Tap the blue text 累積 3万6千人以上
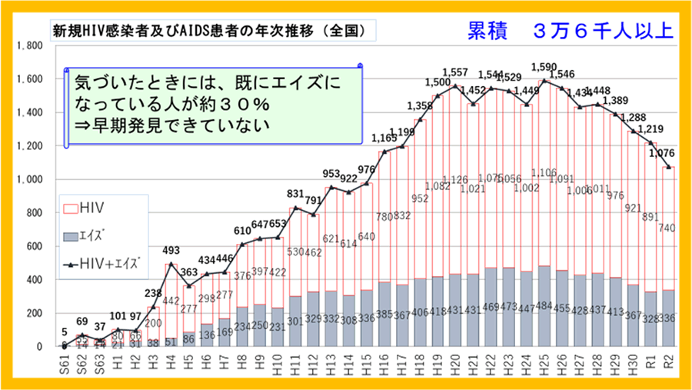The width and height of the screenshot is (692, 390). (570, 32)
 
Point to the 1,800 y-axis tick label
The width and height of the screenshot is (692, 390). (29, 45)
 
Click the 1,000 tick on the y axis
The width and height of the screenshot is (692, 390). (29, 180)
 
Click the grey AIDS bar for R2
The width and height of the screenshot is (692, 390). (667, 318)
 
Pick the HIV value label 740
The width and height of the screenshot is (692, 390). (666, 228)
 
